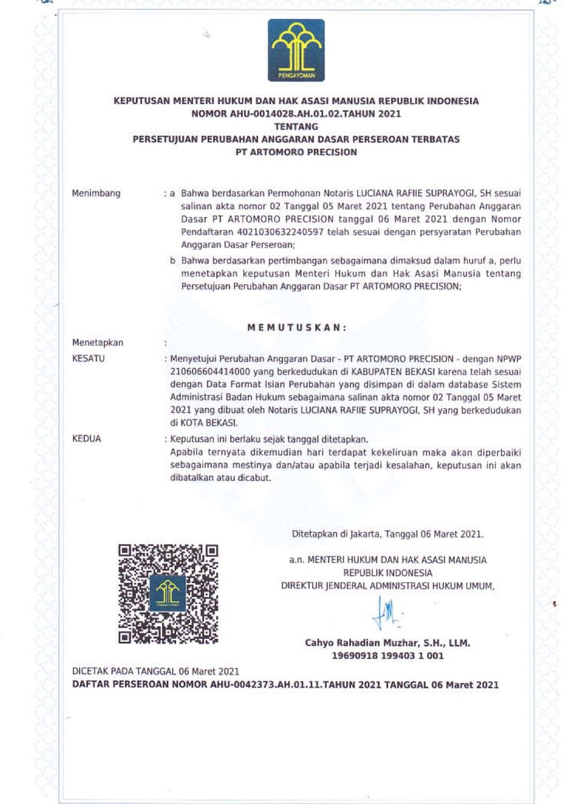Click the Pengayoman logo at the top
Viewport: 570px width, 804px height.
(x=296, y=51)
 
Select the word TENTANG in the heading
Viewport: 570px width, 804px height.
(x=296, y=126)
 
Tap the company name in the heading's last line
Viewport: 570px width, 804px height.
(x=296, y=152)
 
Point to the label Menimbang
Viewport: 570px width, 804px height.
(x=96, y=193)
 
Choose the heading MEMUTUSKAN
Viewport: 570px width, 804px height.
(x=297, y=327)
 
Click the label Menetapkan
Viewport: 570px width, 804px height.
(x=97, y=343)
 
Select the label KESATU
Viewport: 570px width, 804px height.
(x=88, y=358)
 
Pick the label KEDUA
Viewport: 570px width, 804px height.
(x=87, y=439)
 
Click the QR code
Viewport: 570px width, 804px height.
(x=168, y=594)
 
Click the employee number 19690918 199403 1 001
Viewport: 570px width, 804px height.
(x=387, y=656)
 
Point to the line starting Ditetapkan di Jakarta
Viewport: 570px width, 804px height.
(x=387, y=534)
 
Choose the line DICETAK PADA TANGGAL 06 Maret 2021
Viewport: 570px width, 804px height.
(x=155, y=671)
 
